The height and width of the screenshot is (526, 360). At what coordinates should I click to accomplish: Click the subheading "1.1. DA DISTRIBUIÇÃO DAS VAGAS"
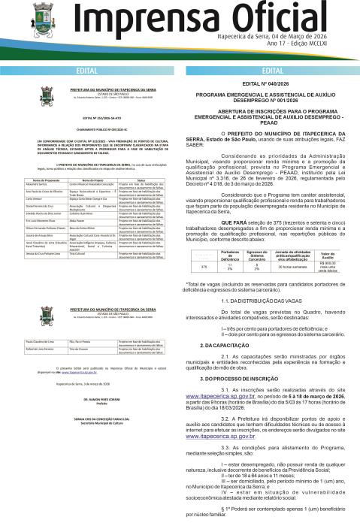coord(265,320)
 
